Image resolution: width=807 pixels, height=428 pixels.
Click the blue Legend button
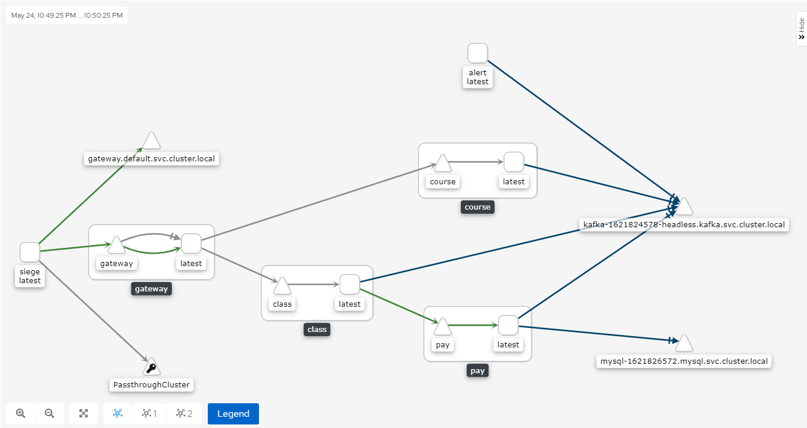pyautogui.click(x=233, y=413)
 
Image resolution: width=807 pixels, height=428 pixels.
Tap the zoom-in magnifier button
pyautogui.click(x=21, y=413)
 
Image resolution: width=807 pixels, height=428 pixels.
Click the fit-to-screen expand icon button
pyautogui.click(x=84, y=413)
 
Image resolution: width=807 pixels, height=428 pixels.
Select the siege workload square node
pyautogui.click(x=29, y=252)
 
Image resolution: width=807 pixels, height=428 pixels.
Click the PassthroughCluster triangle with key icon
pyautogui.click(x=151, y=367)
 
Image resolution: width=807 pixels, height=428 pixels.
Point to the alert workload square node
pyautogui.click(x=477, y=53)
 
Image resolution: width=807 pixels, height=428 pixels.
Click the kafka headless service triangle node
pyautogui.click(x=684, y=207)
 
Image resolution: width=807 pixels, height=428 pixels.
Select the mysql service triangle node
pyautogui.click(x=684, y=343)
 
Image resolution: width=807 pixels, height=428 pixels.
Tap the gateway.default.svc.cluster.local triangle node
pyautogui.click(x=151, y=141)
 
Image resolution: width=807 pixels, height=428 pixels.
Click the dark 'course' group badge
pyautogui.click(x=477, y=207)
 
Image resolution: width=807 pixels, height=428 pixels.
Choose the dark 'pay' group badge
pyautogui.click(x=477, y=371)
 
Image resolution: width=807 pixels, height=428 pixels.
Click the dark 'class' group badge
pyautogui.click(x=317, y=330)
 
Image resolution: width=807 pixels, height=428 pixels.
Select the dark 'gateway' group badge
pyautogui.click(x=151, y=289)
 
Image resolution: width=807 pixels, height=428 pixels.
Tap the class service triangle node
pyautogui.click(x=282, y=286)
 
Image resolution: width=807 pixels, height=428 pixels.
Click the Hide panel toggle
pyautogui.click(x=801, y=28)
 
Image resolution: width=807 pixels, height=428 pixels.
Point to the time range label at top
pyautogui.click(x=67, y=15)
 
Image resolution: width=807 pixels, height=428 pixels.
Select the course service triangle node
pyautogui.click(x=442, y=163)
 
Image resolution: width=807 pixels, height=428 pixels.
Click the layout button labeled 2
pyautogui.click(x=184, y=413)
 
